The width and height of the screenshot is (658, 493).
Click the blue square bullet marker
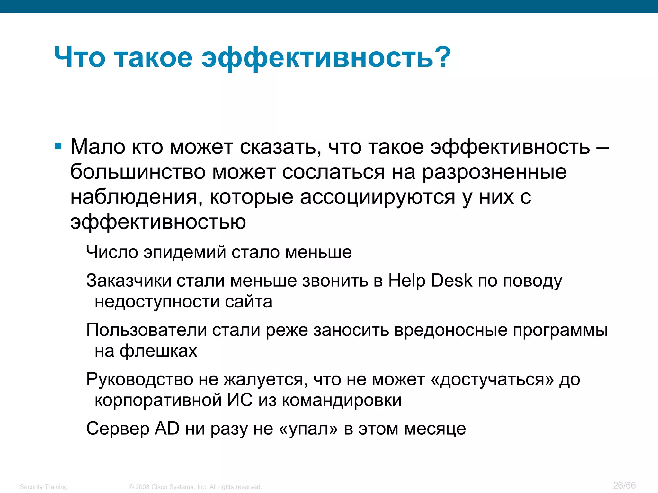point(58,147)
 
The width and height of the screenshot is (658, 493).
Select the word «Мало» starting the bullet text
point(98,147)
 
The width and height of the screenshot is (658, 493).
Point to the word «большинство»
point(138,172)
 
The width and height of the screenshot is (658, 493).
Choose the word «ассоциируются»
point(378,197)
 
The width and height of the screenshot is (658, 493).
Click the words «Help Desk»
point(430,281)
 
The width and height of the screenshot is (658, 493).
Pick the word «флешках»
point(158,351)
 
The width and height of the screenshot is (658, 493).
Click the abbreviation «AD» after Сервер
point(167,428)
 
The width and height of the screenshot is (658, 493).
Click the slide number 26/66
point(624,485)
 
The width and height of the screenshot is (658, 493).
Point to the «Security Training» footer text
point(44,487)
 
